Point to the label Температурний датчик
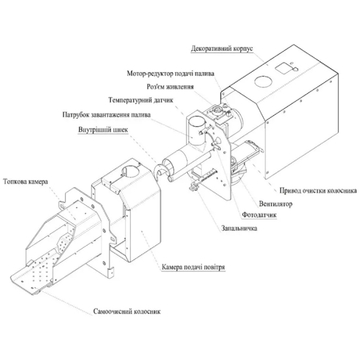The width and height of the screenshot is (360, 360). tap(141, 100)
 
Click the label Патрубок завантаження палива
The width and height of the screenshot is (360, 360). tap(107, 115)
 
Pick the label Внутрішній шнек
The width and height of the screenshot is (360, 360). tap(103, 130)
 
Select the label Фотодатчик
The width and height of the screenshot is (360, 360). tap(258, 215)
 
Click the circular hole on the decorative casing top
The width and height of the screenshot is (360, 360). tap(260, 81)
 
